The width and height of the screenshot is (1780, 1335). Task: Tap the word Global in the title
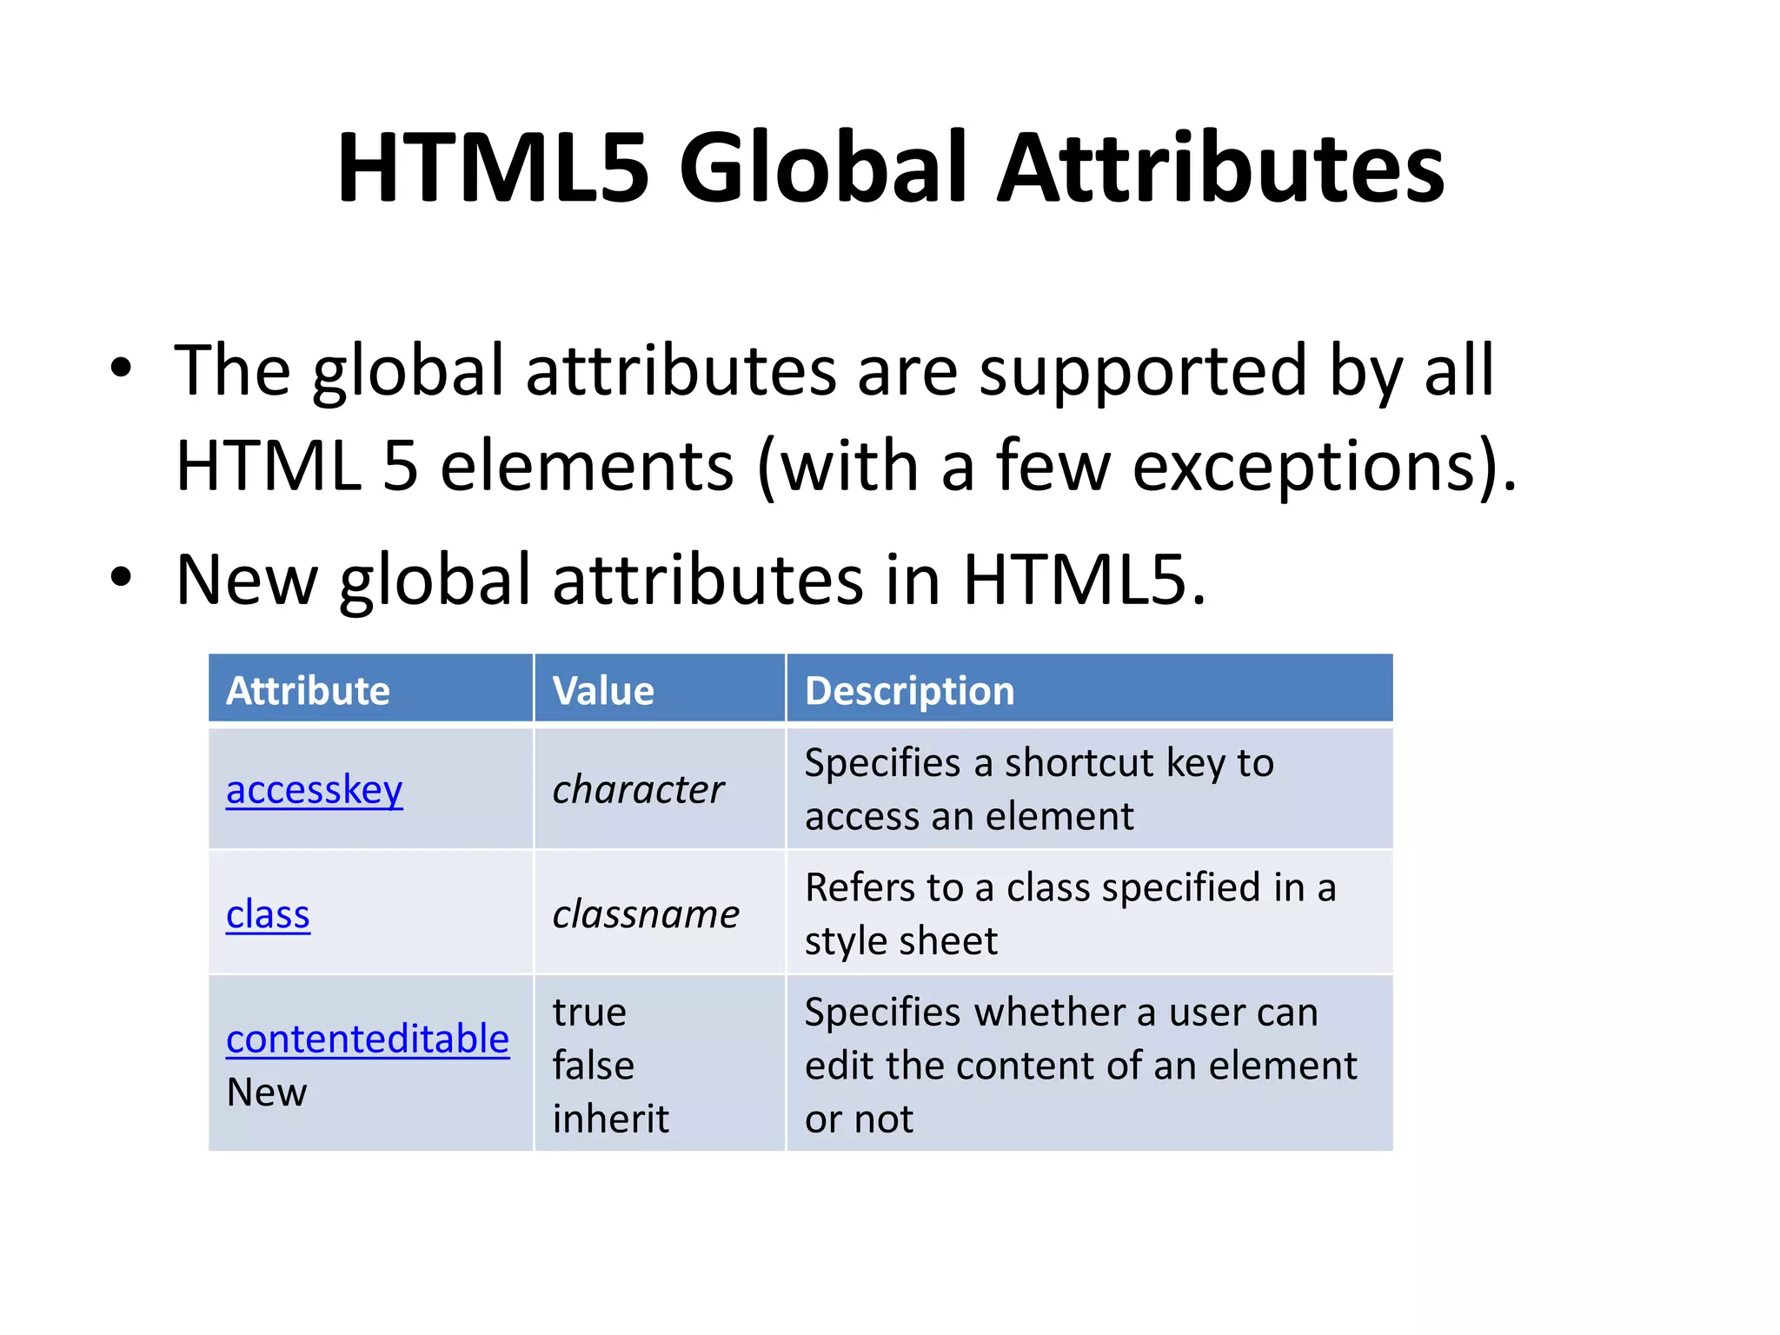[822, 167]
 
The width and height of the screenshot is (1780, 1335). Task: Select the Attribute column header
[308, 691]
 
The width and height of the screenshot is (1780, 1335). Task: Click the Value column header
[603, 691]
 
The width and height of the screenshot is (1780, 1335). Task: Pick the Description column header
[909, 691]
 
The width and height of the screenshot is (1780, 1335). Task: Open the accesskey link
[314, 790]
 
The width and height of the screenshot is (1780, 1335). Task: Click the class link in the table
[268, 915]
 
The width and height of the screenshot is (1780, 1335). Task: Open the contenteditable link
[367, 1039]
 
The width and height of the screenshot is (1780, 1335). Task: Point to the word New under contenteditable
[266, 1093]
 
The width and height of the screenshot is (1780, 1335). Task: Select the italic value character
[638, 790]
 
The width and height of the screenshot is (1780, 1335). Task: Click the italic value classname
[646, 915]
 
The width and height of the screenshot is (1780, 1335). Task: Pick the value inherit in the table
[610, 1119]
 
